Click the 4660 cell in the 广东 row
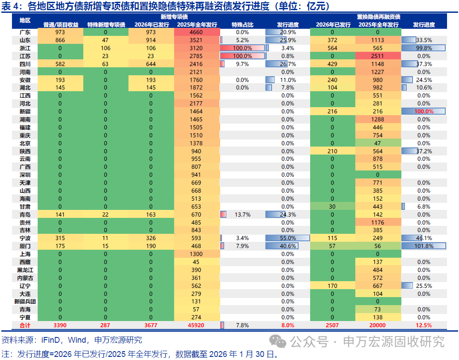[x=196, y=32]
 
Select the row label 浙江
[x=25, y=48]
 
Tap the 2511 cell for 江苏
[x=378, y=56]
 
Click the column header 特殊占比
[x=242, y=24]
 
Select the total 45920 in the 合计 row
[x=196, y=325]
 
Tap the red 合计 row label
[x=25, y=325]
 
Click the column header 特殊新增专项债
[x=106, y=24]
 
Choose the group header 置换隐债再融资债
[x=378, y=17]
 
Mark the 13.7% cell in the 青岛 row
[x=242, y=214]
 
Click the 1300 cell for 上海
[x=196, y=254]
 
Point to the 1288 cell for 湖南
[x=378, y=120]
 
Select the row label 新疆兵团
[x=25, y=302]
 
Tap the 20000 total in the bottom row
[x=378, y=325]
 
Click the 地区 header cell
[x=25, y=20]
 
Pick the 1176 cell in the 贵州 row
[x=378, y=222]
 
